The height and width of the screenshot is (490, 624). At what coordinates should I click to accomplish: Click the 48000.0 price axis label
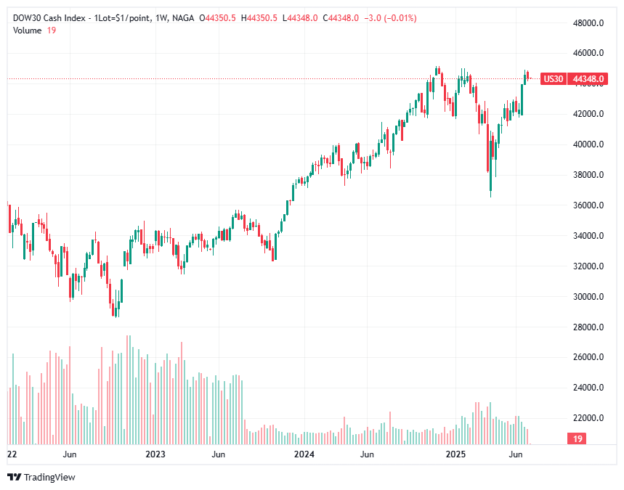pos(590,23)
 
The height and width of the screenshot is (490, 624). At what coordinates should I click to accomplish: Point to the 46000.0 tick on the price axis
pos(590,53)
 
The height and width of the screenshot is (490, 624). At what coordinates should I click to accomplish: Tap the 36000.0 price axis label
pos(590,205)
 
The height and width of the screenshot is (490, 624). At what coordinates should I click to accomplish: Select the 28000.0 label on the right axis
pos(590,327)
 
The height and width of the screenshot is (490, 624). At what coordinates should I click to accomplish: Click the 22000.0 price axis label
pos(590,419)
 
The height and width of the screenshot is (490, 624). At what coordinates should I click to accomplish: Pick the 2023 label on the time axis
pos(155,454)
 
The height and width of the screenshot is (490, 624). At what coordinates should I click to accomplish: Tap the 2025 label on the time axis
pos(455,454)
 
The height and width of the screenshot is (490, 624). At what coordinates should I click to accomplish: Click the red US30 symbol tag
pos(554,78)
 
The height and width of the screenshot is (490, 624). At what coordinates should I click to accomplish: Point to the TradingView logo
pos(41,477)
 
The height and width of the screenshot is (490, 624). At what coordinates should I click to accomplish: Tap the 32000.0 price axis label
pos(590,266)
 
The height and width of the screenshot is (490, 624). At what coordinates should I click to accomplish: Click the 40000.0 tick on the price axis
pos(590,144)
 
